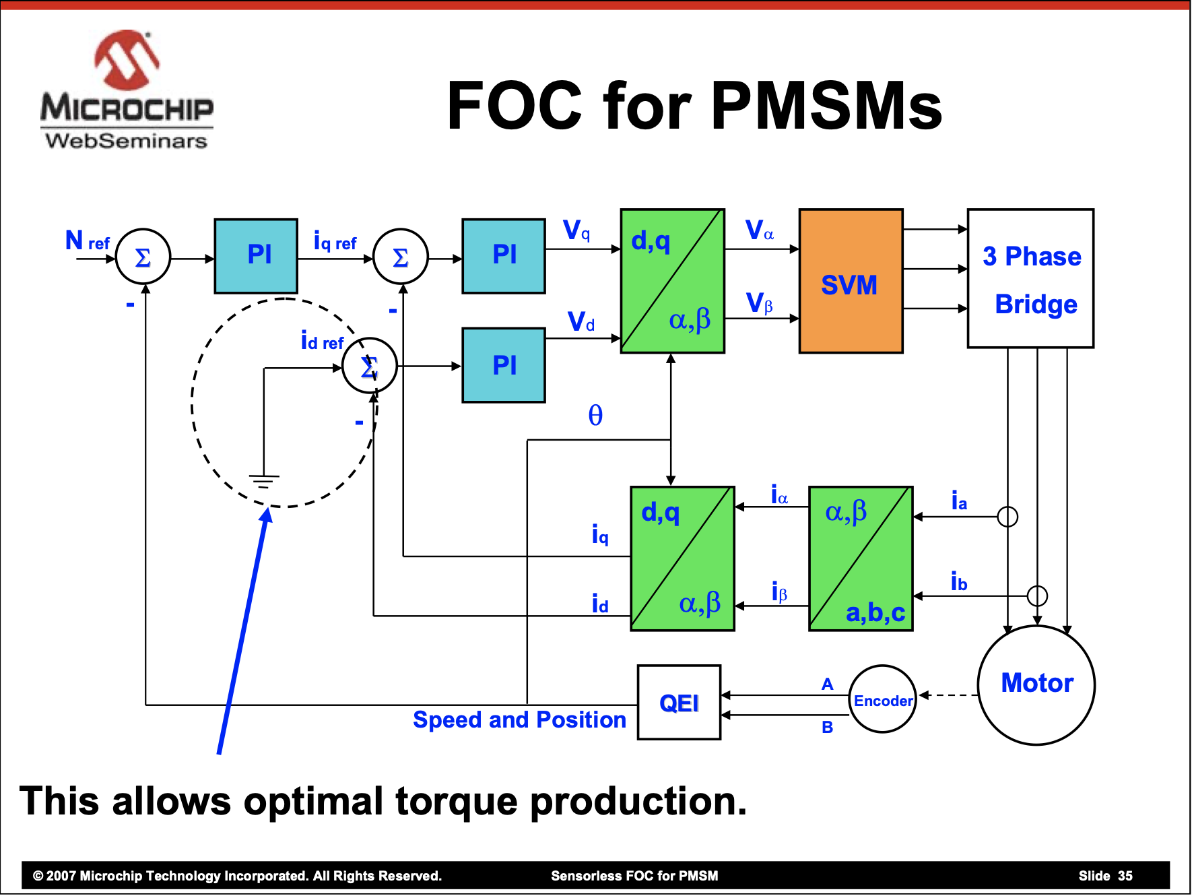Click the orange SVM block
(x=851, y=282)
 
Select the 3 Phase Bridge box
(x=1030, y=279)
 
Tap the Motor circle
(x=1036, y=684)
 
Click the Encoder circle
(x=882, y=699)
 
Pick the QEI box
(x=679, y=703)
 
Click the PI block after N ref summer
(x=256, y=256)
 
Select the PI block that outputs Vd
(x=504, y=365)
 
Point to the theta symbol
(x=595, y=416)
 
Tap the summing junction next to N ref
(x=143, y=257)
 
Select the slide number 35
(x=1125, y=876)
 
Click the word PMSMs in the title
(x=826, y=106)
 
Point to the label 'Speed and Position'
(x=519, y=719)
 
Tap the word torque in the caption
(x=457, y=802)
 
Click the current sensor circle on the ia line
(x=1007, y=517)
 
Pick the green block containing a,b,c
(x=861, y=558)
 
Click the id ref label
(x=322, y=342)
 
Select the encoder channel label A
(x=828, y=684)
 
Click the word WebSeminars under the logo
(x=127, y=141)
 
